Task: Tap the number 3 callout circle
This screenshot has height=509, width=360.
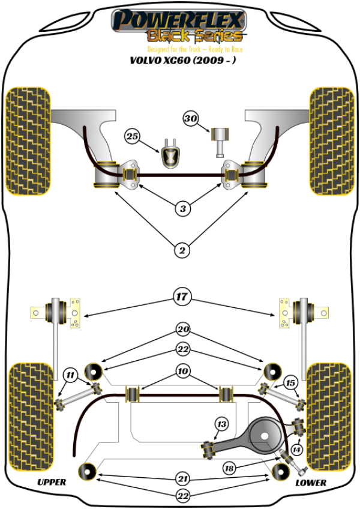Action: pyautogui.click(x=182, y=209)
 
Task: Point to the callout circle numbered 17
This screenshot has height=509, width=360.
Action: pyautogui.click(x=182, y=296)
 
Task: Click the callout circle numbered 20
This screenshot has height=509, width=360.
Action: pyautogui.click(x=182, y=330)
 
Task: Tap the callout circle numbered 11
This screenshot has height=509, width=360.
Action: pyautogui.click(x=71, y=377)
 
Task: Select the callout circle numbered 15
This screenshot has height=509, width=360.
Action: pyautogui.click(x=291, y=383)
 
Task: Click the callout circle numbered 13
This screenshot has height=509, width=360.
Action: pyautogui.click(x=221, y=424)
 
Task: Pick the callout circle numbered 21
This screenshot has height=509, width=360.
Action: pyautogui.click(x=182, y=478)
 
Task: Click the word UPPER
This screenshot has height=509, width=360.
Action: pyautogui.click(x=52, y=482)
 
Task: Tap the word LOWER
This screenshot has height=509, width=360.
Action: pyautogui.click(x=311, y=482)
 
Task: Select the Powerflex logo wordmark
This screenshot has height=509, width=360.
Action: pyautogui.click(x=179, y=20)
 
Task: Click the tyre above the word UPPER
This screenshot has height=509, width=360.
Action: pyautogui.click(x=29, y=415)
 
